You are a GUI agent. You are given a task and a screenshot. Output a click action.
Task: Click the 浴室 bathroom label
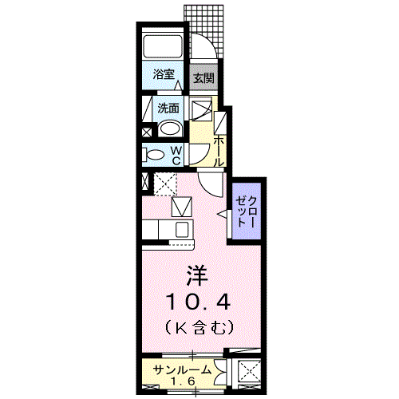click(x=164, y=75)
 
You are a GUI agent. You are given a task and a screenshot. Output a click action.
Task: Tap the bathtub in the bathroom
click(x=164, y=45)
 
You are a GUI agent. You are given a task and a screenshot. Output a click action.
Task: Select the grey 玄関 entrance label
click(x=203, y=77)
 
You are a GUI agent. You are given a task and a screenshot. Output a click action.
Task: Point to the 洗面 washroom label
click(x=168, y=108)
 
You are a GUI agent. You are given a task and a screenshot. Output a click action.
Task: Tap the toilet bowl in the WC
click(x=153, y=154)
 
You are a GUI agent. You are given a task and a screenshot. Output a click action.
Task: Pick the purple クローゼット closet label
click(x=245, y=211)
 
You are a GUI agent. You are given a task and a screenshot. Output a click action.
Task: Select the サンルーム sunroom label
click(x=184, y=369)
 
